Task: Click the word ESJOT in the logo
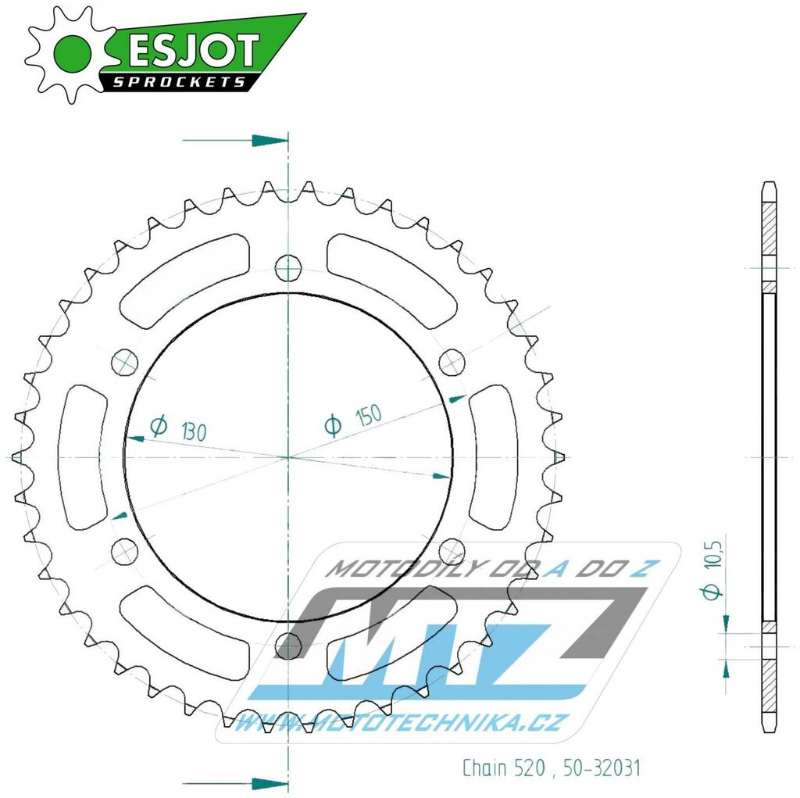191,51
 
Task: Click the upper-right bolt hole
451,362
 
